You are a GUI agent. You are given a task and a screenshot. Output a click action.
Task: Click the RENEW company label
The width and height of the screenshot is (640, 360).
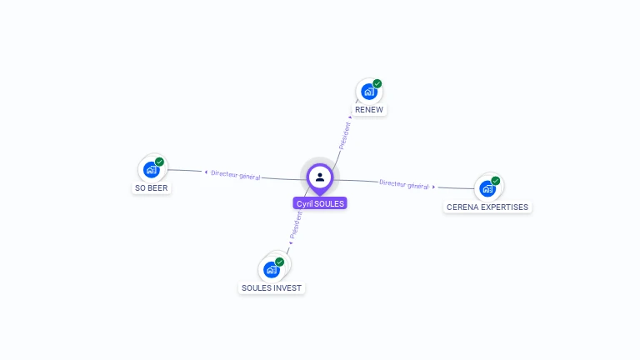[x=369, y=110]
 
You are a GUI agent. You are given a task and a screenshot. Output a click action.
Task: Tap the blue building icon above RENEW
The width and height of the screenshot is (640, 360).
[x=367, y=92]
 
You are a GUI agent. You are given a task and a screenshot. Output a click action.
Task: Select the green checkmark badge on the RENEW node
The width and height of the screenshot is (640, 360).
[x=377, y=84]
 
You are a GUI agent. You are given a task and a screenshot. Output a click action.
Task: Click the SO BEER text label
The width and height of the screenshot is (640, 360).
[x=152, y=188]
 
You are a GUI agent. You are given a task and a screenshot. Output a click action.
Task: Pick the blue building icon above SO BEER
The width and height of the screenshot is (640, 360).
[x=151, y=170]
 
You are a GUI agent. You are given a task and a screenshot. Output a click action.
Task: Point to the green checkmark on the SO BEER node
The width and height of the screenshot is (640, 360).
[x=159, y=162]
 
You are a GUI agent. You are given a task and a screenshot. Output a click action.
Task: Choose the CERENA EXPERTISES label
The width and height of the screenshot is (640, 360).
[x=487, y=207]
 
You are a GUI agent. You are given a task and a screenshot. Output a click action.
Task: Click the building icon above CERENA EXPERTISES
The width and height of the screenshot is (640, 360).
[x=487, y=188]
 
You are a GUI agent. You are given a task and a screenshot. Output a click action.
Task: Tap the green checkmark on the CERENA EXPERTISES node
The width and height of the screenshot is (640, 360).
[x=496, y=181]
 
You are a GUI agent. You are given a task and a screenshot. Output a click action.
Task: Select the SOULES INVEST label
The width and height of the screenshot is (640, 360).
[x=272, y=288]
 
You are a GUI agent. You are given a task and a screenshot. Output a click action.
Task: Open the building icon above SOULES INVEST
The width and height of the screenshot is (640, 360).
[x=271, y=269]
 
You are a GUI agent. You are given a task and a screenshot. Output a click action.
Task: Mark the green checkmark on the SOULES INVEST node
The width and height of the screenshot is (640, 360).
[x=280, y=262]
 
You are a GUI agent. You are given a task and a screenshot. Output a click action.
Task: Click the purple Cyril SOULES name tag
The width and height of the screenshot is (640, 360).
[x=320, y=203]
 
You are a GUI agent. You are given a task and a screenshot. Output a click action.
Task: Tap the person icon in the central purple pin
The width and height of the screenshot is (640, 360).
[x=320, y=177]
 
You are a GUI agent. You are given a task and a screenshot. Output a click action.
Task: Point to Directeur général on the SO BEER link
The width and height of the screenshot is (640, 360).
[x=236, y=175]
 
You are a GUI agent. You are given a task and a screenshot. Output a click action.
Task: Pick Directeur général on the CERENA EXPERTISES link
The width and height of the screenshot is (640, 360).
[x=403, y=184]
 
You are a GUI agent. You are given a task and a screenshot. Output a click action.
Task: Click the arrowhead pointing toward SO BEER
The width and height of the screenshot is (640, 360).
[x=205, y=172]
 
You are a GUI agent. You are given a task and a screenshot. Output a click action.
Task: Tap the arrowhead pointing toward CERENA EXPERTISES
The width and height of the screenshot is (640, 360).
[x=434, y=187]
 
